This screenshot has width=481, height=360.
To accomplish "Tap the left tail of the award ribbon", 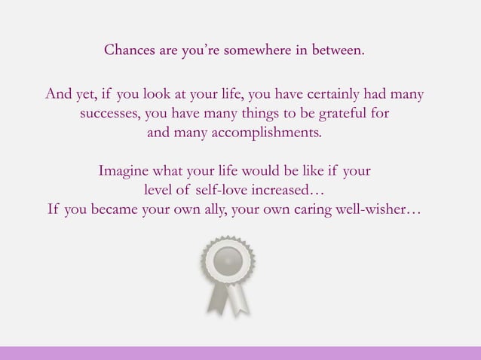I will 216,298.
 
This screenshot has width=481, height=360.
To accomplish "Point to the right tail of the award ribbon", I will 239,298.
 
